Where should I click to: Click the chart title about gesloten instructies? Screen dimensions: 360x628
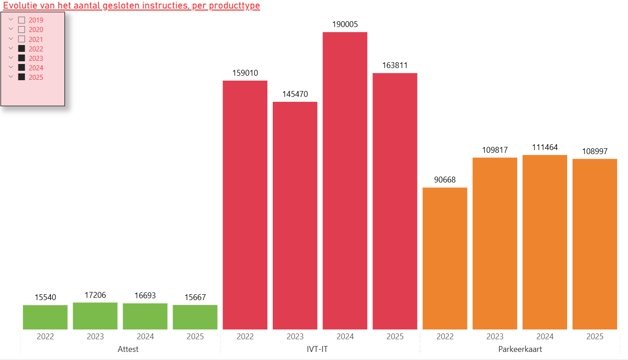132,6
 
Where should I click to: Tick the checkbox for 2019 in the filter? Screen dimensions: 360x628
21,20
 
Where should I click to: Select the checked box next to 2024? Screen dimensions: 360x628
21,68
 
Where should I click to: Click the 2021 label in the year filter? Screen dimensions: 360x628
36,40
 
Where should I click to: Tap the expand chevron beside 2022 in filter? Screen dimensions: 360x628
11,48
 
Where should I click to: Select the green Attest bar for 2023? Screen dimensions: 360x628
95,316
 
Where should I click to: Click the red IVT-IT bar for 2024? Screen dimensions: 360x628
345,180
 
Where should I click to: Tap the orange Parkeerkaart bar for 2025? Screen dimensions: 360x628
595,244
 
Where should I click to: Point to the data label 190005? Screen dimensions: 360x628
345,24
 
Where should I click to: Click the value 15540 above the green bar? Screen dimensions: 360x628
45,297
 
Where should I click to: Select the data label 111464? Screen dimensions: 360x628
545,147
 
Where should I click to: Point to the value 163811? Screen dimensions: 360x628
395,65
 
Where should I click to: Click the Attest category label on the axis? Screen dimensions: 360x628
128,349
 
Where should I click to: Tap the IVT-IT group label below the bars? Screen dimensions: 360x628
320,349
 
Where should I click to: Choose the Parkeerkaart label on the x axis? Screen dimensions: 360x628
520,349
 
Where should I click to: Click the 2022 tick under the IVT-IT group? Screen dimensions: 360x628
245,337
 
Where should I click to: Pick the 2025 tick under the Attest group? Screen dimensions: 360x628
195,337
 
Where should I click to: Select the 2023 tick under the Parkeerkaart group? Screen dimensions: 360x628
495,337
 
